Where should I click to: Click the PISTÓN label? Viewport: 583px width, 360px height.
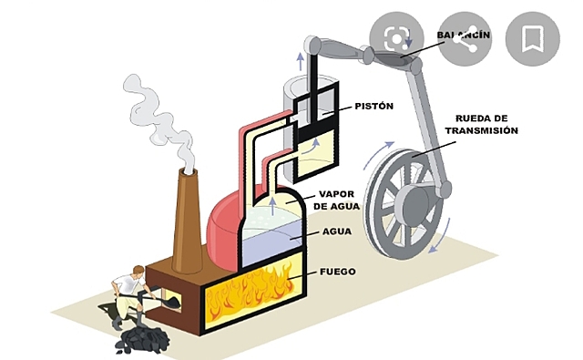coord(373,107)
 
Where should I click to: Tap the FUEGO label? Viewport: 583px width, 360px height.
coord(337,272)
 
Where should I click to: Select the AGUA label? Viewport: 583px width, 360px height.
coord(337,231)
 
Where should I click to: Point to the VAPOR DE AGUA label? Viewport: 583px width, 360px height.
coord(336,201)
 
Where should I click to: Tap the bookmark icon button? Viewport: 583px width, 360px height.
coord(532,37)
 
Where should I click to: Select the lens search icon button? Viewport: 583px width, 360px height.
coord(396,37)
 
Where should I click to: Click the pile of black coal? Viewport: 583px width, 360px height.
coord(141,338)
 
